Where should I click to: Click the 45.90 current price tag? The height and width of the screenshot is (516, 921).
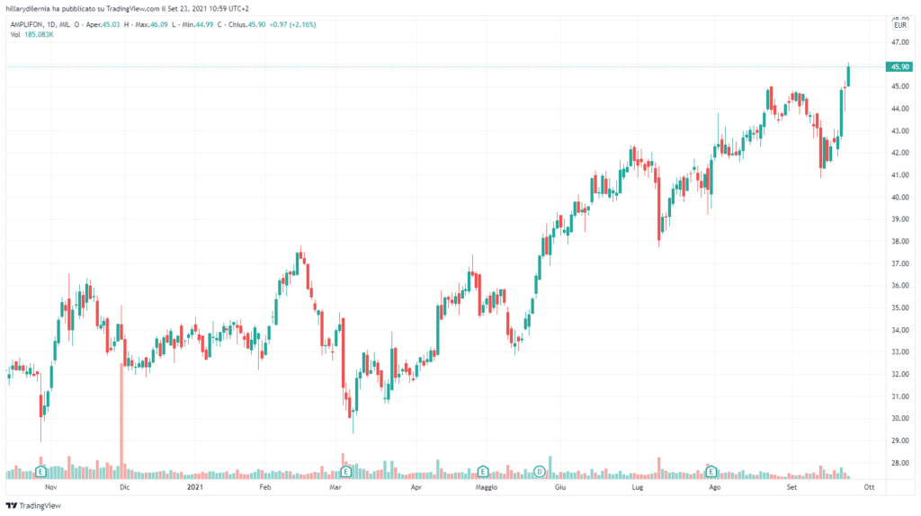click(x=899, y=67)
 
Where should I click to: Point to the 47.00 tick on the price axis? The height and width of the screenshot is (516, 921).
click(x=899, y=42)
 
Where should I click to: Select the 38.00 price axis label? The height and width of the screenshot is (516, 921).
click(x=899, y=241)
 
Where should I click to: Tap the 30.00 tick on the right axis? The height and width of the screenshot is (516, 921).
click(x=899, y=418)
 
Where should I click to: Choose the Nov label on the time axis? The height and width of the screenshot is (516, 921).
click(x=50, y=486)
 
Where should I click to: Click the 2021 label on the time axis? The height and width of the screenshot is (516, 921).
click(x=194, y=486)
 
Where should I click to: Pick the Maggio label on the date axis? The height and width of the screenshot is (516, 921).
click(x=487, y=486)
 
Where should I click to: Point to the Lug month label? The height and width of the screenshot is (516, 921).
click(x=638, y=486)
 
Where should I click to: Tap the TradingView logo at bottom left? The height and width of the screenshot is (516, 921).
click(x=28, y=506)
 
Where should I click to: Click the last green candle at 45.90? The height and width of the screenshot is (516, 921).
click(x=849, y=75)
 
